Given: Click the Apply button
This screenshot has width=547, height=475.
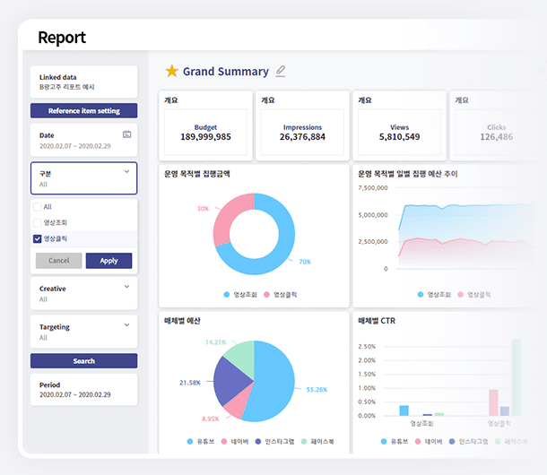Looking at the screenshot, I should click(x=109, y=261).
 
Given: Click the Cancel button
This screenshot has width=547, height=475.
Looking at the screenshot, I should click(x=58, y=261).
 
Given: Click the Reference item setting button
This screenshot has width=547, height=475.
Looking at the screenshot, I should click(x=83, y=111).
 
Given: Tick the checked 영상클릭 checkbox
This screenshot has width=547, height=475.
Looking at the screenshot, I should click(x=37, y=239).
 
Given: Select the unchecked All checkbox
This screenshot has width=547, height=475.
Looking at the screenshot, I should click(x=37, y=207).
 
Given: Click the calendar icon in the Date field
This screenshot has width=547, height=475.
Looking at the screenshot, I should click(x=126, y=134).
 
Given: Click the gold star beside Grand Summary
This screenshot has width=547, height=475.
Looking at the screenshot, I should click(x=171, y=72).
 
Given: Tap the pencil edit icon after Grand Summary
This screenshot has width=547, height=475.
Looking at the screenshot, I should click(x=281, y=71).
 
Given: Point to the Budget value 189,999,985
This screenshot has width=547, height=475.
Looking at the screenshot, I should click(x=205, y=137).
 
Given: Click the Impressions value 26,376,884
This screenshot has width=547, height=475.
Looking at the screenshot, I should click(x=302, y=137).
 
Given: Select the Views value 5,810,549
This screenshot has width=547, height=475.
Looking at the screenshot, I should click(x=400, y=137).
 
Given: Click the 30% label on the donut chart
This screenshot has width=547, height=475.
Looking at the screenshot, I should click(x=203, y=209).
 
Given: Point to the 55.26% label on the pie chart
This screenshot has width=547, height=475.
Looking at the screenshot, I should click(x=317, y=390).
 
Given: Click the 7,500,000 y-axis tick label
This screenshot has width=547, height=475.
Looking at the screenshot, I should click(x=372, y=189).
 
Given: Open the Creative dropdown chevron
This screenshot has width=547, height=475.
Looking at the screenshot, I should click(x=126, y=287).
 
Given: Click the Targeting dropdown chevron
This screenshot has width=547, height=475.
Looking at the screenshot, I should click(x=126, y=325).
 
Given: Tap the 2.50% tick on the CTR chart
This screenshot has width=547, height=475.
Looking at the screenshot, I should click(x=367, y=346).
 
